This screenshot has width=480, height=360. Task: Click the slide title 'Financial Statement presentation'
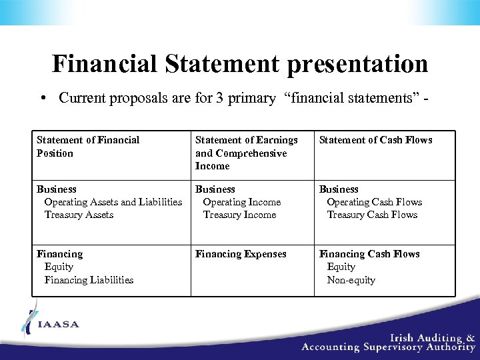pyautogui.click(x=240, y=64)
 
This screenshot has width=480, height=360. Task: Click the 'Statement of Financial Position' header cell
pyautogui.click(x=88, y=146)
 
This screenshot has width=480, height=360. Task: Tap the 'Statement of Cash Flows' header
pyautogui.click(x=375, y=140)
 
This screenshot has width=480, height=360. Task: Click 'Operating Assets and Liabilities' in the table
pyautogui.click(x=113, y=202)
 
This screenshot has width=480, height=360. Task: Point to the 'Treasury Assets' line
pyautogui.click(x=79, y=215)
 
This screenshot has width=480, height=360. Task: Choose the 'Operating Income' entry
pyautogui.click(x=242, y=202)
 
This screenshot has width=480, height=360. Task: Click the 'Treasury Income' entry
pyautogui.click(x=239, y=215)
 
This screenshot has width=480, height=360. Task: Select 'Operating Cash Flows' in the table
pyautogui.click(x=374, y=202)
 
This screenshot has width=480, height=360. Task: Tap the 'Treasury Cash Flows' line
pyautogui.click(x=372, y=215)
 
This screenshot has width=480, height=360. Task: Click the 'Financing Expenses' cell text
pyautogui.click(x=241, y=254)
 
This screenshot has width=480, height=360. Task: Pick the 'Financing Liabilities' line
pyautogui.click(x=89, y=280)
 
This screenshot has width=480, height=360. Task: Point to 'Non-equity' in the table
pyautogui.click(x=351, y=280)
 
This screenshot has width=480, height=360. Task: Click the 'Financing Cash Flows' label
pyautogui.click(x=369, y=254)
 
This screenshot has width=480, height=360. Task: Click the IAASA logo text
pyautogui.click(x=58, y=325)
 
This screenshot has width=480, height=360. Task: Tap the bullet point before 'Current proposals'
pyautogui.click(x=42, y=99)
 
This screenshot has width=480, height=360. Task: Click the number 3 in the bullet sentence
pyautogui.click(x=219, y=99)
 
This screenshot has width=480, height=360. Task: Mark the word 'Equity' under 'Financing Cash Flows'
pyautogui.click(x=341, y=267)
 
